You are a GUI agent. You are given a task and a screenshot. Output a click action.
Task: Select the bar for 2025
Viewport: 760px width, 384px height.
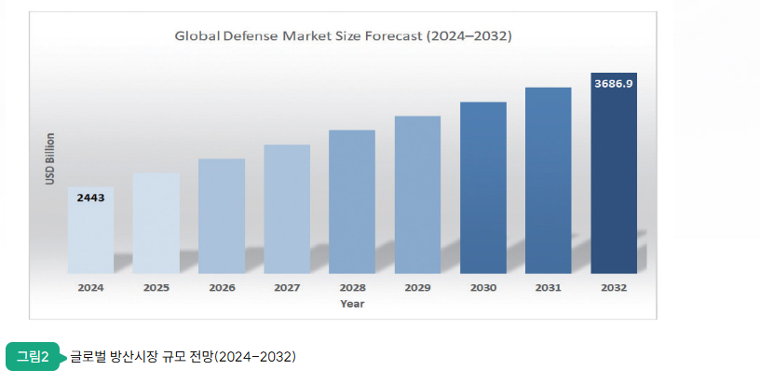coord(156,224)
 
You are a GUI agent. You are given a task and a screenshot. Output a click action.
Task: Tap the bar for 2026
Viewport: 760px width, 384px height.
coord(222,216)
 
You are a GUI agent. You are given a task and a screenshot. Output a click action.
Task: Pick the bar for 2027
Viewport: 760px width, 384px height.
coord(287,210)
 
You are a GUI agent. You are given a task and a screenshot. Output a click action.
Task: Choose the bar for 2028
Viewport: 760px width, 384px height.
coord(352,202)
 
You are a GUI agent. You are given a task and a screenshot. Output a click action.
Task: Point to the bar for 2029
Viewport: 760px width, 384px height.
coord(417,195)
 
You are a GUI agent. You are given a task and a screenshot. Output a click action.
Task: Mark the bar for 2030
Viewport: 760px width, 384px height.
coord(482,187)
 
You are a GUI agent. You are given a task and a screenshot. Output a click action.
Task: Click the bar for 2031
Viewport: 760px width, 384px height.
coord(548,181)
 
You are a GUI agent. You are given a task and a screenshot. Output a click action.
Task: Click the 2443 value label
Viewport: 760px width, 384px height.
coord(90,199)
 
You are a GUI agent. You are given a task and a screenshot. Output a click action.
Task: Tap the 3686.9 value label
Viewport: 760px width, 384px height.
coord(614,84)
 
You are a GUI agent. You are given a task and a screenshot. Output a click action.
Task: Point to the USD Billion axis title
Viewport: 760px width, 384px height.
coord(51,158)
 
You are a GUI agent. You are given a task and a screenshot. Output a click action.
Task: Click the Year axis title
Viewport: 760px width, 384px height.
coord(352,303)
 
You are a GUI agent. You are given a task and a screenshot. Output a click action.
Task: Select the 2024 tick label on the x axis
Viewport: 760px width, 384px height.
coord(90,288)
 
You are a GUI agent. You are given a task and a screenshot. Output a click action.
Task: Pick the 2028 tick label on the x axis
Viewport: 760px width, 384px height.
coord(352,288)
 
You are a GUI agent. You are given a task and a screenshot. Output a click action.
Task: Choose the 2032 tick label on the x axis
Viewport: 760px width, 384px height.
coord(614,288)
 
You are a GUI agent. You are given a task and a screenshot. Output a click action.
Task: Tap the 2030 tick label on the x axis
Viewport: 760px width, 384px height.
coord(482,288)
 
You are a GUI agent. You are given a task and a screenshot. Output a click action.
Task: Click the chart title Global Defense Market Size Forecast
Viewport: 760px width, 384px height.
coord(344,36)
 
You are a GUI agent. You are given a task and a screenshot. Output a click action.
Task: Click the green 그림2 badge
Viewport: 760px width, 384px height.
coord(33,356)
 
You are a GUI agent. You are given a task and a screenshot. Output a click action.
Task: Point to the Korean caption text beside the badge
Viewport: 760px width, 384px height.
coord(183,357)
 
